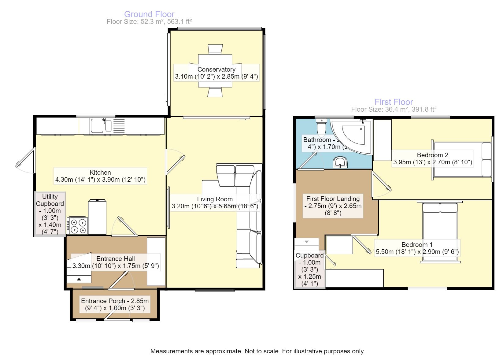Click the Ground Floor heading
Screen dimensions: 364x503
pyautogui.click(x=149, y=14)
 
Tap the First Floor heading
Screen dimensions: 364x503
pyautogui.click(x=394, y=102)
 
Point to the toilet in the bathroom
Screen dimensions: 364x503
pyautogui.click(x=321, y=128)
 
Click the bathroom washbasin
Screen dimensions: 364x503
pyautogui.click(x=340, y=162)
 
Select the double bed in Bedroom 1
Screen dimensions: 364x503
pyautogui.click(x=440, y=232)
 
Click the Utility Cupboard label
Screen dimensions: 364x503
pyautogui.click(x=50, y=214)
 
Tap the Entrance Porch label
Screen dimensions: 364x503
pyautogui.click(x=115, y=305)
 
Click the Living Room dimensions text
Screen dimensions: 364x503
pyautogui.click(x=215, y=206)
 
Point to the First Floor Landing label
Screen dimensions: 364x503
pyautogui.click(x=333, y=206)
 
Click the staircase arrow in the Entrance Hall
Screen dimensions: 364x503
pyautogui.click(x=79, y=279)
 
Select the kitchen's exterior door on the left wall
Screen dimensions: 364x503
pyautogui.click(x=25, y=160)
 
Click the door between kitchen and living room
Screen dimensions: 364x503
pyautogui.click(x=175, y=162)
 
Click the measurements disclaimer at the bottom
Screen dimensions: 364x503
pyautogui.click(x=257, y=351)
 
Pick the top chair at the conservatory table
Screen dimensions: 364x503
pyautogui.click(x=215, y=49)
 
